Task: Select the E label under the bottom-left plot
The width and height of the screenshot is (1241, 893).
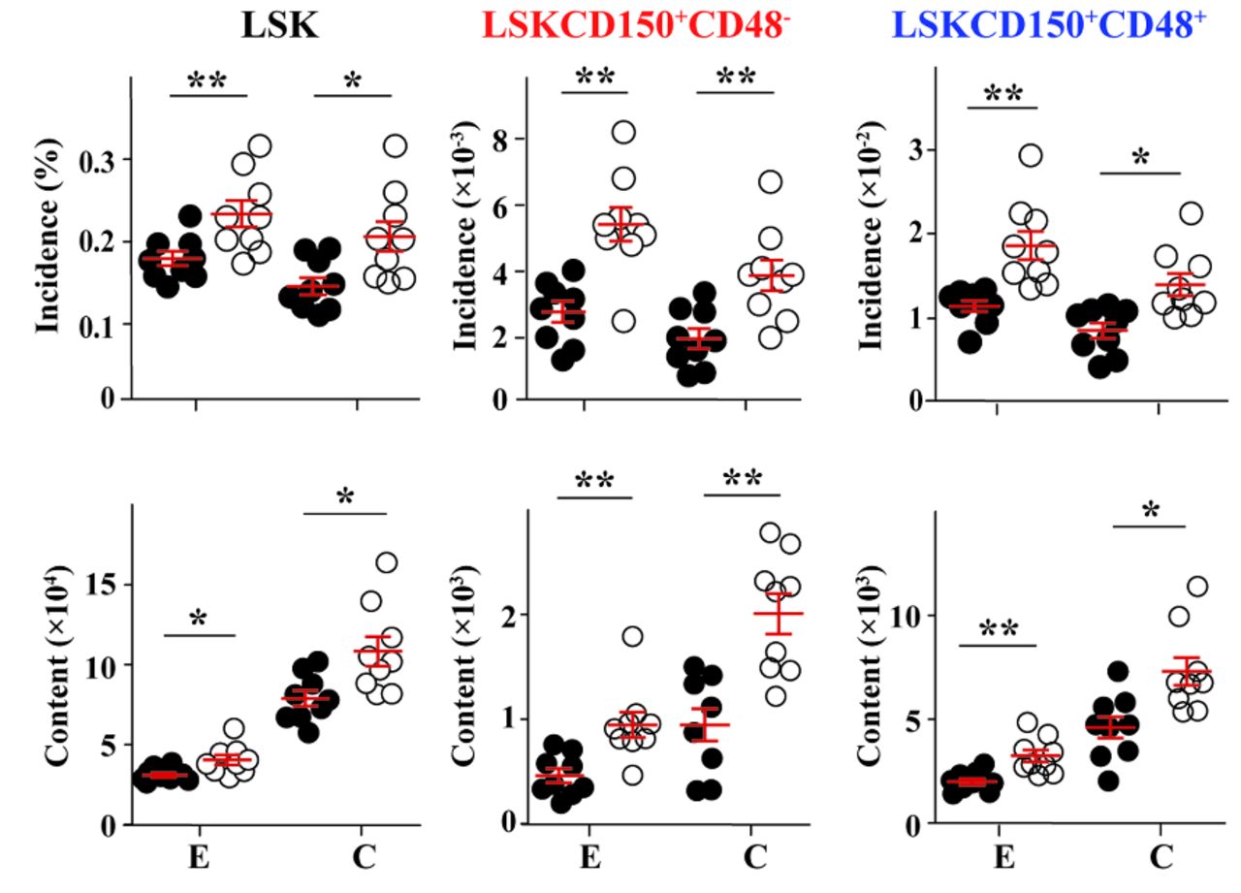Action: coord(199,858)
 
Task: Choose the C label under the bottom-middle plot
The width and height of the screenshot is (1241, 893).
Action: coord(754,858)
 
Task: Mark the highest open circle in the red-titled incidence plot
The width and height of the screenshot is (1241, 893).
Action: coord(623,132)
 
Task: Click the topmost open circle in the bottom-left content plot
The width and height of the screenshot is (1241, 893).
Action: coord(386,562)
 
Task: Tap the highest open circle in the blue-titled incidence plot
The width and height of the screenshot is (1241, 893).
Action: coord(1030,155)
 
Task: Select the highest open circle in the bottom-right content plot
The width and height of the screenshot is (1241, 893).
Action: coord(1197,587)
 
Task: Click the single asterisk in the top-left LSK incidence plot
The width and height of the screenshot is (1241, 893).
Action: coord(351,80)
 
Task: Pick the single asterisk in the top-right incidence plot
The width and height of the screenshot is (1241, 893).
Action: coord(1140,158)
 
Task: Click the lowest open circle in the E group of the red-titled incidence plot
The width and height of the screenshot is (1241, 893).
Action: coord(624,321)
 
